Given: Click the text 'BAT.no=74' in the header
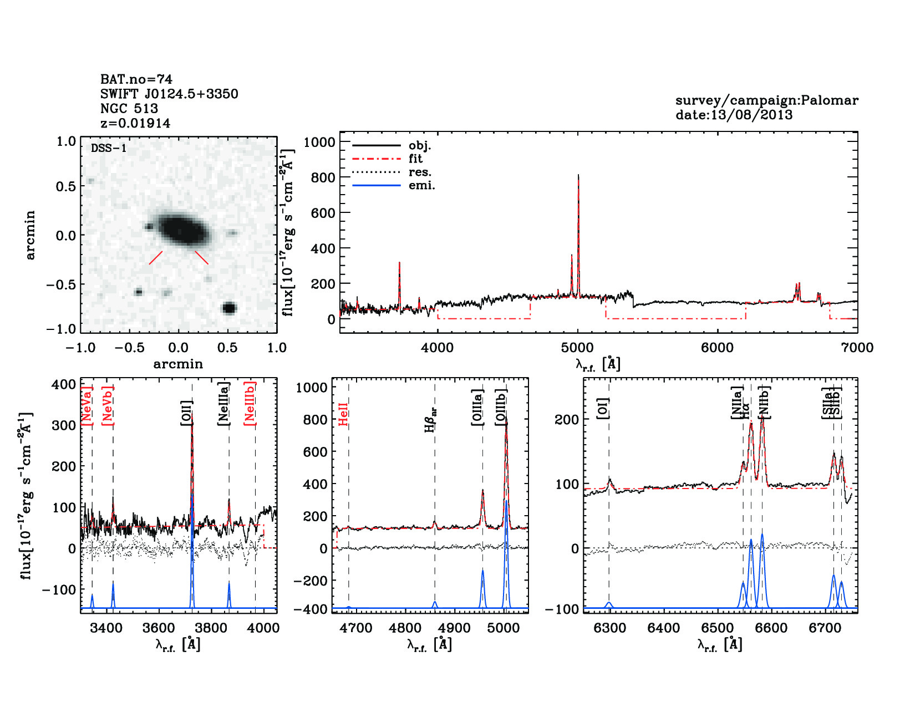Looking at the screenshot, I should pyautogui.click(x=136, y=79).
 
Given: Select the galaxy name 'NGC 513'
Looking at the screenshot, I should pyautogui.click(x=129, y=109).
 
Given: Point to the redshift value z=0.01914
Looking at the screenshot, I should pyautogui.click(x=135, y=123).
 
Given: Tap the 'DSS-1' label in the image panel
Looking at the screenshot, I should pyautogui.click(x=109, y=148).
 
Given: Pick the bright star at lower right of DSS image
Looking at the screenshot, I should pyautogui.click(x=229, y=308).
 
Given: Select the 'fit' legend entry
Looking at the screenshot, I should pyautogui.click(x=415, y=159).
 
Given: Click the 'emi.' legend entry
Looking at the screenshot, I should pyautogui.click(x=421, y=186).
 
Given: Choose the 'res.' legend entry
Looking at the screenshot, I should pyautogui.click(x=420, y=172).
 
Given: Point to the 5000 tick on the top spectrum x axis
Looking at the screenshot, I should pyautogui.click(x=577, y=348).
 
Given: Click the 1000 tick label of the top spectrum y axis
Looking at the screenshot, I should pyautogui.click(x=319, y=142).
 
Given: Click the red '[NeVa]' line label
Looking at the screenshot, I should pyautogui.click(x=87, y=405).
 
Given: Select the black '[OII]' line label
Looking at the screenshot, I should pyautogui.click(x=186, y=413).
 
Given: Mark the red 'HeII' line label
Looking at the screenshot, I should pyautogui.click(x=343, y=414).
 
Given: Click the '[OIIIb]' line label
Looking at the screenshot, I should pyautogui.click(x=501, y=407).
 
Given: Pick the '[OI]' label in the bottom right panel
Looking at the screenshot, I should pyautogui.click(x=603, y=408).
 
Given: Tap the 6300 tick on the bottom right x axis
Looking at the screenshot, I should pyautogui.click(x=609, y=628).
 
